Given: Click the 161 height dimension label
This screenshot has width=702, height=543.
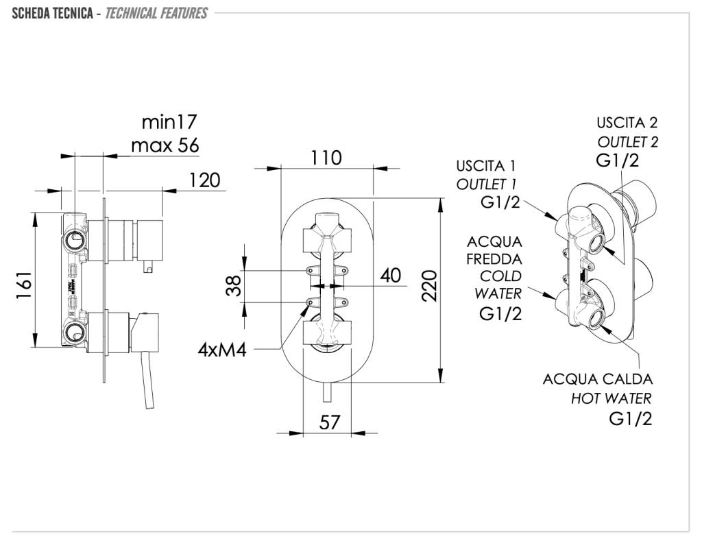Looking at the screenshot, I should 24,285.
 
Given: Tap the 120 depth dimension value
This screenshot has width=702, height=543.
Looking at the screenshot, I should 204,180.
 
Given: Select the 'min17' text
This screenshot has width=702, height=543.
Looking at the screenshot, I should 169,122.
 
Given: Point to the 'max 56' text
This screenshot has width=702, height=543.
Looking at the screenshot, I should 165,145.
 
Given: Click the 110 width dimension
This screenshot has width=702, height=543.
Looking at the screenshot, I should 326,158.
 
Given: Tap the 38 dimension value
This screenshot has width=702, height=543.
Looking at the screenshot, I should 234,285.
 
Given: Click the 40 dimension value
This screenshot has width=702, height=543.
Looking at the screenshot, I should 390,276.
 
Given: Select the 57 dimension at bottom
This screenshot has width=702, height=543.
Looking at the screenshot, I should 330,422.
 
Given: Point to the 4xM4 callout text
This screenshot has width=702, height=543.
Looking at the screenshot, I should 221,350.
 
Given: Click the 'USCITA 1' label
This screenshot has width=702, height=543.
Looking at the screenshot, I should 486,166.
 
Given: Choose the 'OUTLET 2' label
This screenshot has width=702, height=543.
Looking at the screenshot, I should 627,142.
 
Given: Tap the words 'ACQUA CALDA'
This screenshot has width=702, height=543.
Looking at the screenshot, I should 598,379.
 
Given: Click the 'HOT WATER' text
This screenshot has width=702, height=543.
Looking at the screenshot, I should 612,398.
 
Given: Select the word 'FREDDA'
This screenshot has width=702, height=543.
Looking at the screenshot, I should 494,259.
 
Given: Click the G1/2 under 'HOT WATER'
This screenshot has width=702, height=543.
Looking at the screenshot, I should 630,419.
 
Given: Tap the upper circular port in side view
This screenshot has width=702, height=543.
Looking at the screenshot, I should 74,239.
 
